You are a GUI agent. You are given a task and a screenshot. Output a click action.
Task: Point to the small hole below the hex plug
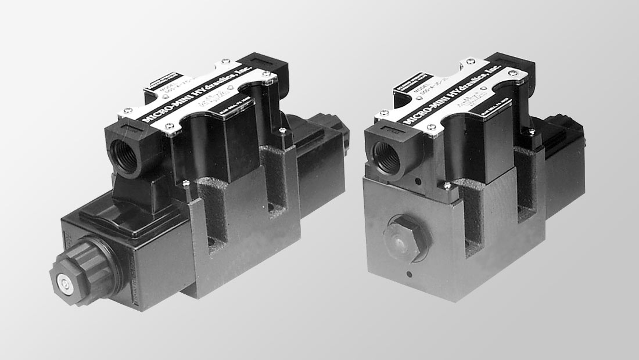[x=410, y=273]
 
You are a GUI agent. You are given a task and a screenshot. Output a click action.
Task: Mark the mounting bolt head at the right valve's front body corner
[x=447, y=185]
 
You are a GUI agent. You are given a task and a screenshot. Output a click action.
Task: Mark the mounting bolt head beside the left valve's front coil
[x=185, y=185]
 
